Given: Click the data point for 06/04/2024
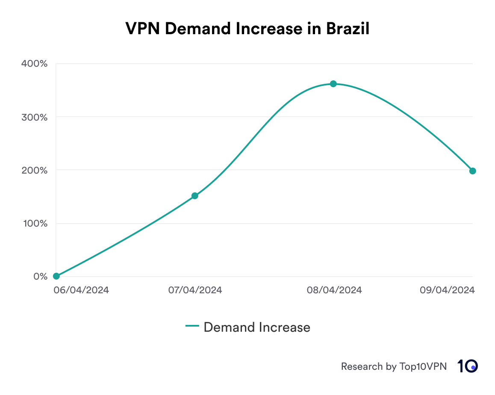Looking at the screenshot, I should (56, 276).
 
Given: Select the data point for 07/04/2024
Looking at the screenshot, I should (195, 196).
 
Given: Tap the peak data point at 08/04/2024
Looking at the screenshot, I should (333, 84).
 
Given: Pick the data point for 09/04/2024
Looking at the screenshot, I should (472, 171).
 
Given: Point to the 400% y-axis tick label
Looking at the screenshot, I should (34, 64).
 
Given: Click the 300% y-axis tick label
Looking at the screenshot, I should (34, 117).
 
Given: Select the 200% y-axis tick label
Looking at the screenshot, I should (34, 170).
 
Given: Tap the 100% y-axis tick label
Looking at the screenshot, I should (34, 224).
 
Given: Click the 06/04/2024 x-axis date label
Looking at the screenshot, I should (81, 290).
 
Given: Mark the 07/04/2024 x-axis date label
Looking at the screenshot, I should (195, 290).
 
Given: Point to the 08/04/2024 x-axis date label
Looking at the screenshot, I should (334, 290).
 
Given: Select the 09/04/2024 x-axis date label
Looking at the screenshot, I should (447, 290).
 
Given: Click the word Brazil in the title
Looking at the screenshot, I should (348, 29).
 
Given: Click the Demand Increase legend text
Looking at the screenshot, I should (257, 327).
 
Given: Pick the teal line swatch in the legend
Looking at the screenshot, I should (192, 327).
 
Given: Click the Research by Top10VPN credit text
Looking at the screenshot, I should (394, 367).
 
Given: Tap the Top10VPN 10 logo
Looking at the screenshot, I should (468, 366).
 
